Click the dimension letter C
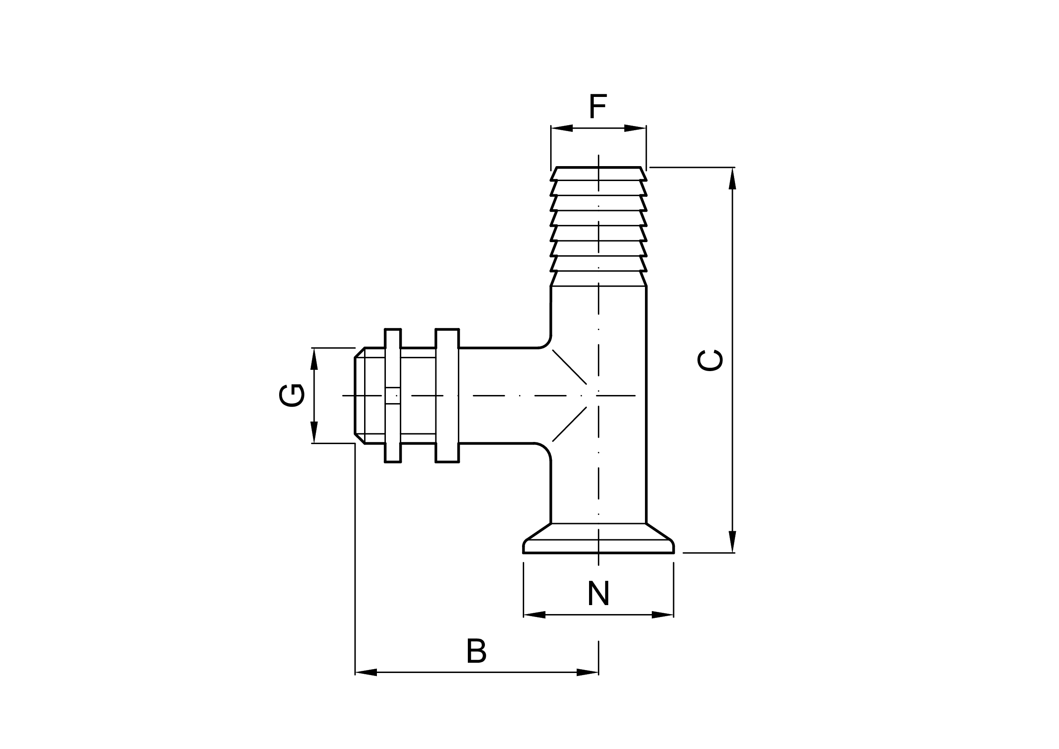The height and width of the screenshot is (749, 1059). (x=710, y=360)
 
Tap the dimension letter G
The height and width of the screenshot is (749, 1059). (x=292, y=395)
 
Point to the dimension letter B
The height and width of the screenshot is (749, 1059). (x=476, y=651)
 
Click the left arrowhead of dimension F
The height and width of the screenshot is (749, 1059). (x=561, y=128)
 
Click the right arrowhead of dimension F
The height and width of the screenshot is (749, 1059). (x=635, y=128)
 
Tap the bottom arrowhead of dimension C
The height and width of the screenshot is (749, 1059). (x=732, y=542)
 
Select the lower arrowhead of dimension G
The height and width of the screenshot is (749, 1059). (x=314, y=433)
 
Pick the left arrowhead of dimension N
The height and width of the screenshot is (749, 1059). (x=534, y=615)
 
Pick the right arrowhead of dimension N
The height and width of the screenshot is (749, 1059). (x=662, y=615)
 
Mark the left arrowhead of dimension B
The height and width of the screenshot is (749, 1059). (x=366, y=673)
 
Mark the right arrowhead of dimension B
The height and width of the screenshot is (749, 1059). (x=588, y=673)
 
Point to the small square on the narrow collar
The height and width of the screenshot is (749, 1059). (x=393, y=395)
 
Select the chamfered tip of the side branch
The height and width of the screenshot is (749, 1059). (x=359, y=395)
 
